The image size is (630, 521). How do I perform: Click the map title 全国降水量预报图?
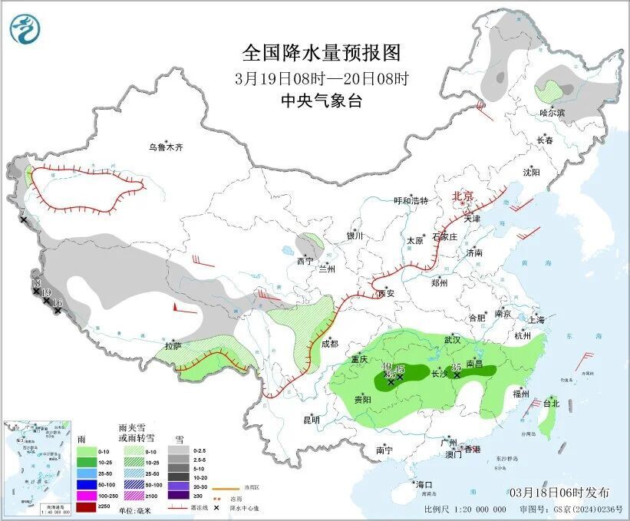322,52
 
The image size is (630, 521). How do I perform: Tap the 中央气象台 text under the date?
321,101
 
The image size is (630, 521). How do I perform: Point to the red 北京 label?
464,196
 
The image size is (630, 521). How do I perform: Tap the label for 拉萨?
173,345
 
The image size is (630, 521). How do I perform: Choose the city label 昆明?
311,419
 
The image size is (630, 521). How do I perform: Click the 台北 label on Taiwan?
552,402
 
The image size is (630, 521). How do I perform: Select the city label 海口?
425,484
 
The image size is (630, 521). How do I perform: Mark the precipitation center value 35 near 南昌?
457,367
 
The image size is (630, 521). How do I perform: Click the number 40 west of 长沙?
387,368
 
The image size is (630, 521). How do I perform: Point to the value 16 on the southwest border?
57,303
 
